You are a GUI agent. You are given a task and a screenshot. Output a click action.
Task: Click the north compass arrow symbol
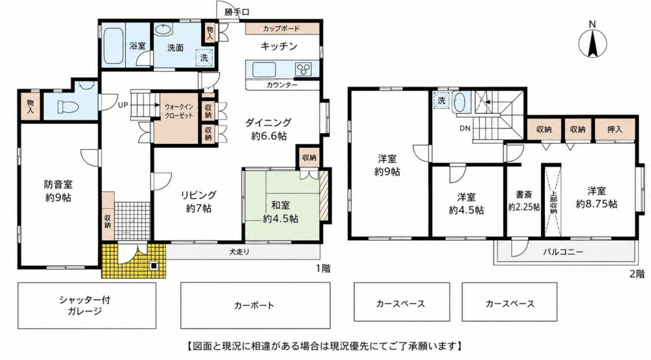pos(593,41)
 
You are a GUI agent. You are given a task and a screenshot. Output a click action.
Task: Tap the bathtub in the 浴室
pos(113,46)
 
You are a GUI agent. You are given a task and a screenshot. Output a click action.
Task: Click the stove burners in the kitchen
pos(304,68)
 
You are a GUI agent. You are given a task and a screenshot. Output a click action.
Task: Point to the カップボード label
pos(281,29)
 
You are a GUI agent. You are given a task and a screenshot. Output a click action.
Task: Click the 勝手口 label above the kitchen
pos(237,12)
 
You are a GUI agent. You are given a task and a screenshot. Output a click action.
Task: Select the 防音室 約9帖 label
pos(59,191)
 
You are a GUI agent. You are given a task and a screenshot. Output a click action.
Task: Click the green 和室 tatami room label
pos(281,212)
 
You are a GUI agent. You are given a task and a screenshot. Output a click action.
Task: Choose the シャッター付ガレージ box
pos(87,305)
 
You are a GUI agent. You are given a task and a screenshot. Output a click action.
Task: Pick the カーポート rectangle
pos(255,305)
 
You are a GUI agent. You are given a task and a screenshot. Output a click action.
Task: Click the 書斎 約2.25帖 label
pos(524,201)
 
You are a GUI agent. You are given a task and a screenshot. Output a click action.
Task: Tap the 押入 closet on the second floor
pos(615,130)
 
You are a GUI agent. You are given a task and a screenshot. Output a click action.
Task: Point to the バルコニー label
pos(563,252)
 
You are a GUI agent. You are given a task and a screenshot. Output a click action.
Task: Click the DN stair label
pos(465,128)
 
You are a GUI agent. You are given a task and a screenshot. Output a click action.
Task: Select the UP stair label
pos(122,105)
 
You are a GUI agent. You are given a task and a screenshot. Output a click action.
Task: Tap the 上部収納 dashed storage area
pos(553,201)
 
